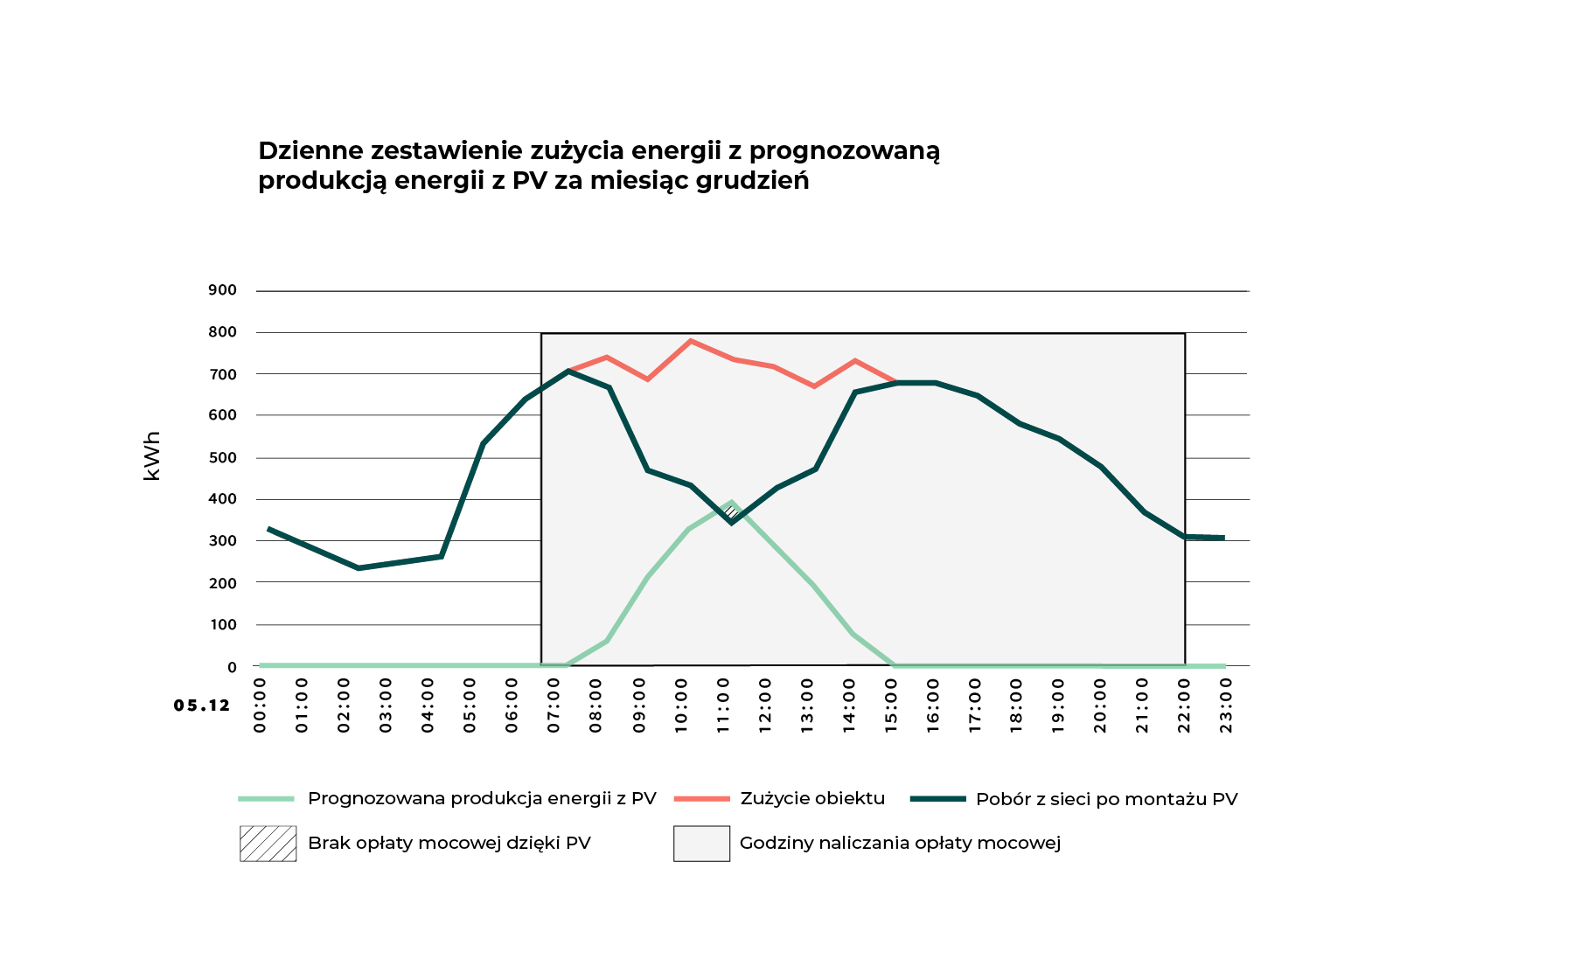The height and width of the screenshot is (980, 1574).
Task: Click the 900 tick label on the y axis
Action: (x=222, y=290)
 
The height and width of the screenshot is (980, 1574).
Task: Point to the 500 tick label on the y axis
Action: (x=222, y=458)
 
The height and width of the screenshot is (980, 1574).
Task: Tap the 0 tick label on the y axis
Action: (x=232, y=667)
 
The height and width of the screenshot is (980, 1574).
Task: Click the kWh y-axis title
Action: (x=152, y=455)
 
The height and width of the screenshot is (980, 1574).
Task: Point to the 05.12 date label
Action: (x=202, y=705)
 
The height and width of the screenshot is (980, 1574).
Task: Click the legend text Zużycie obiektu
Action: (x=812, y=798)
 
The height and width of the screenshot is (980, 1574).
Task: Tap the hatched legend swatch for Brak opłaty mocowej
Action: (x=268, y=844)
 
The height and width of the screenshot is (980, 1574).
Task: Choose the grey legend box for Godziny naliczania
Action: (x=701, y=844)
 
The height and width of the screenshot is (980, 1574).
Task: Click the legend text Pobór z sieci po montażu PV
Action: (x=1106, y=799)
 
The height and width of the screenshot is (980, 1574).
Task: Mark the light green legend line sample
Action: (x=267, y=799)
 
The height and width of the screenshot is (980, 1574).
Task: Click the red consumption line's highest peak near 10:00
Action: (x=691, y=341)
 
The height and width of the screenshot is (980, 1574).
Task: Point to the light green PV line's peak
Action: (x=732, y=503)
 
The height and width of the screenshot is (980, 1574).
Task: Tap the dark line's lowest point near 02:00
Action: (x=359, y=568)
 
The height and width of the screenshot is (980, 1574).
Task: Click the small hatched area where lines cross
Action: (x=731, y=512)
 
